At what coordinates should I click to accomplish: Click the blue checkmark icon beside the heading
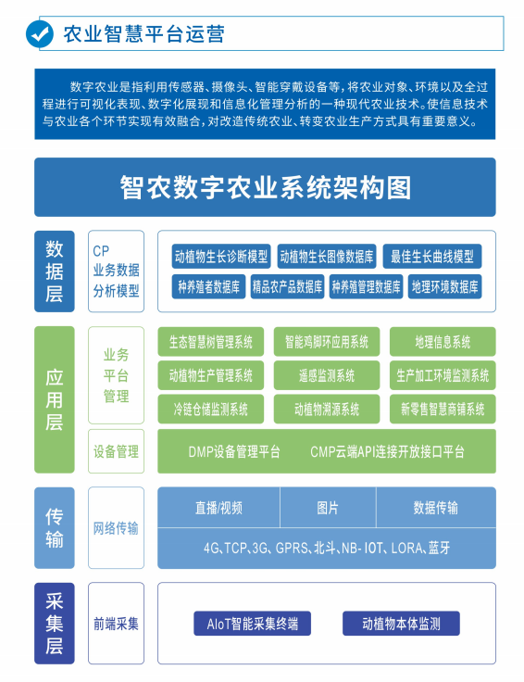(40, 34)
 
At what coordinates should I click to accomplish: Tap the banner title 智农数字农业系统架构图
(265, 187)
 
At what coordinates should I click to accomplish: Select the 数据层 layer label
(55, 271)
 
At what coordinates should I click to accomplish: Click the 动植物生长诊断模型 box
(221, 256)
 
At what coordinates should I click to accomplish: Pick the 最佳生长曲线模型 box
(432, 256)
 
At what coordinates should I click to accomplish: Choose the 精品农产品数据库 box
(287, 286)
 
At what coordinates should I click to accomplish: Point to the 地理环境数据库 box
(444, 286)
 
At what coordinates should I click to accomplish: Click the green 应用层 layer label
(55, 399)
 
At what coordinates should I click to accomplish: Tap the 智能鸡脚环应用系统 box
(327, 341)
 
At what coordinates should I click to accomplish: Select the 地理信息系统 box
(443, 341)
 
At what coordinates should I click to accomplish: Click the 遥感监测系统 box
(327, 375)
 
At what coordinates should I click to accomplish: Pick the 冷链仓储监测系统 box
(211, 409)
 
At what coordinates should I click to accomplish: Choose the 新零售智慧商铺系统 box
(443, 409)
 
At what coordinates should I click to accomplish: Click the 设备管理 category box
(116, 451)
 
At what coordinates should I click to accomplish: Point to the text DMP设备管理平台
(234, 451)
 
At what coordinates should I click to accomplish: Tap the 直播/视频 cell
(218, 508)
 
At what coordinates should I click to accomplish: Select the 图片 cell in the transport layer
(328, 508)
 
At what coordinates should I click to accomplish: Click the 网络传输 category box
(116, 527)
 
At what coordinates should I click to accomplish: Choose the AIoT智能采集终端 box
(253, 624)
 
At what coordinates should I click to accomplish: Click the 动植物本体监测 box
(401, 624)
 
